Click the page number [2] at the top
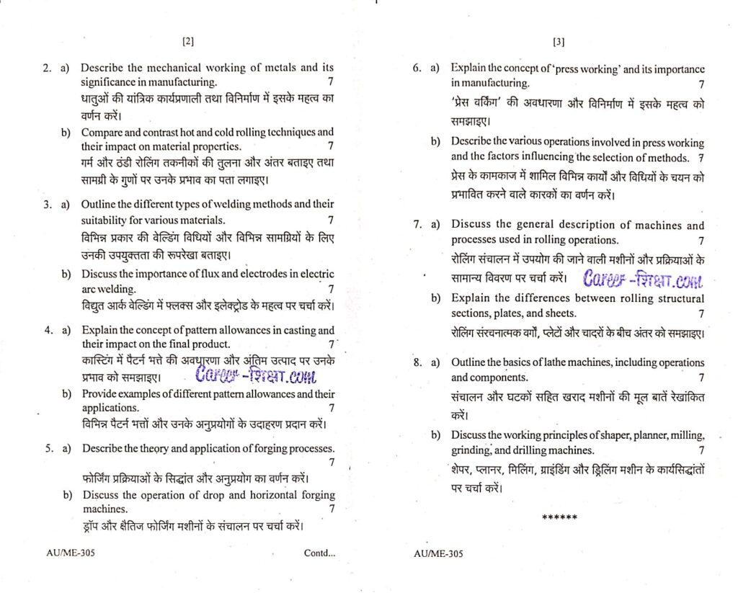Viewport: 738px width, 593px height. tap(188, 42)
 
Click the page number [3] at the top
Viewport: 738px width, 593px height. tap(559, 42)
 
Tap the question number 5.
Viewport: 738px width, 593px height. tap(48, 448)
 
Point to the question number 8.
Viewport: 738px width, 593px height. tap(417, 362)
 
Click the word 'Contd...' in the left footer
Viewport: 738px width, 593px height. tap(319, 553)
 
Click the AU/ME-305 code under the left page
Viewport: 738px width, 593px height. tap(71, 553)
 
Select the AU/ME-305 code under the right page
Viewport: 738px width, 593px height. tap(439, 553)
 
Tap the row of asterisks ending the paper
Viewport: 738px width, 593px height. tap(559, 517)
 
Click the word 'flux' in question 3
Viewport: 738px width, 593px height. tap(203, 274)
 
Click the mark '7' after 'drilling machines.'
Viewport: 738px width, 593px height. tap(701, 450)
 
